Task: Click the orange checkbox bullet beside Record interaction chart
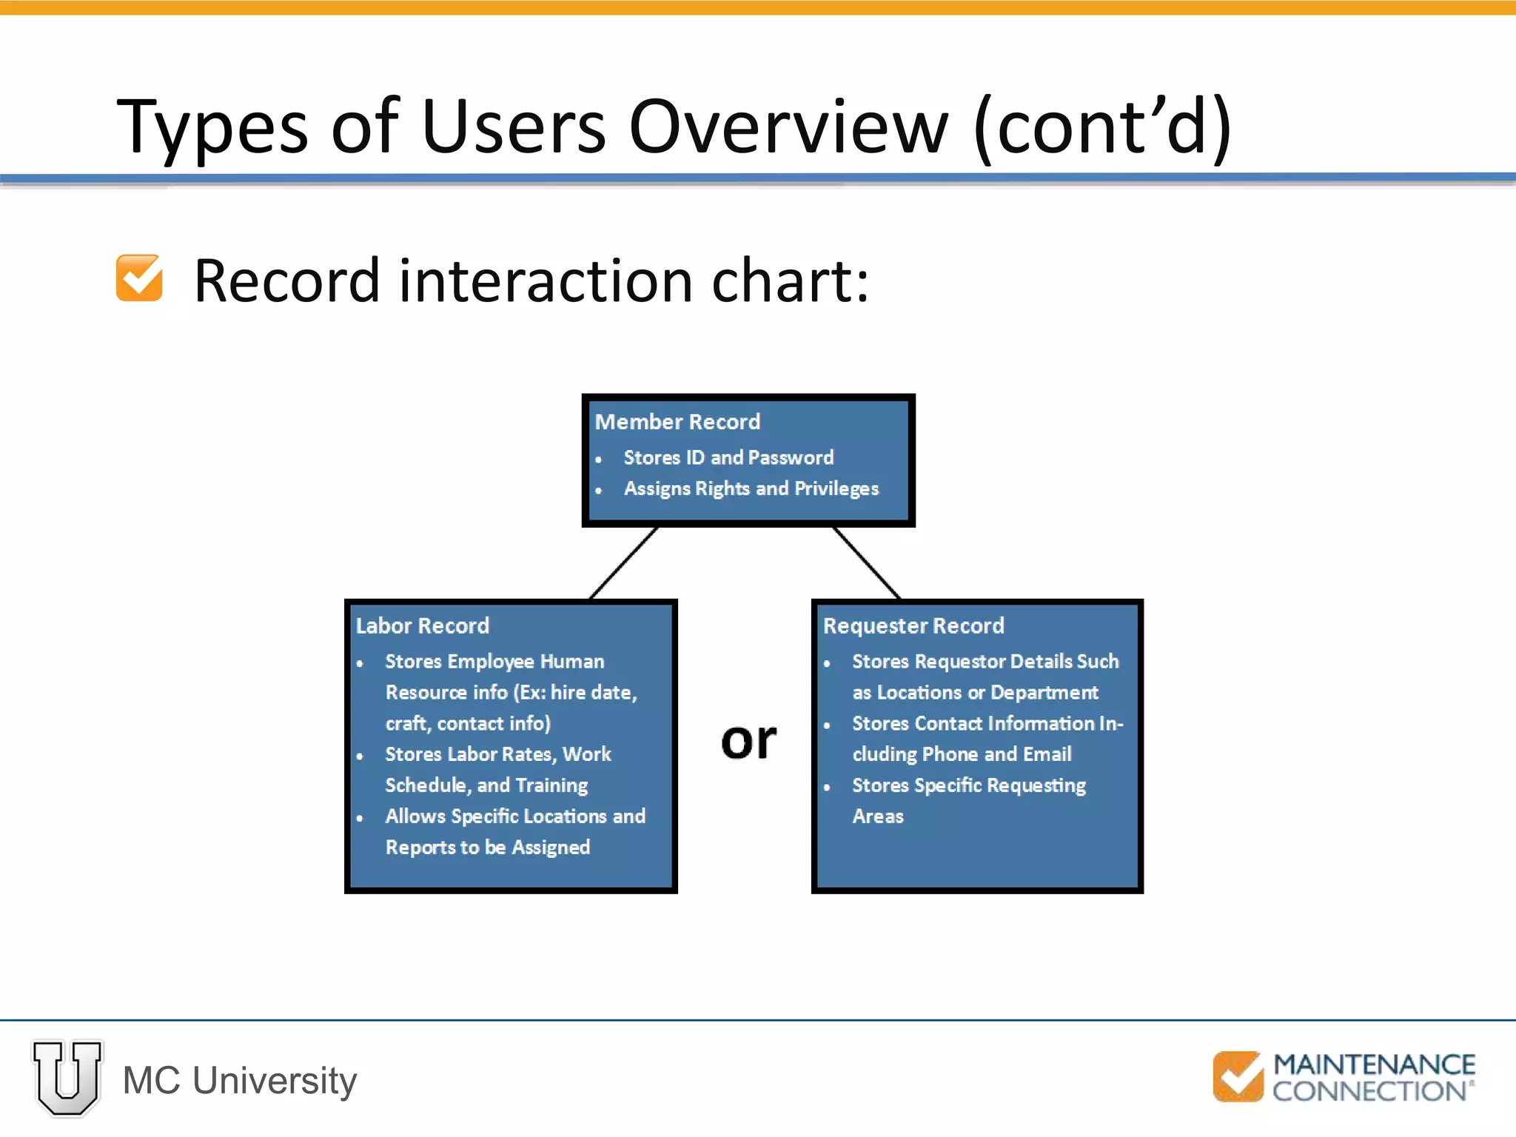(x=139, y=278)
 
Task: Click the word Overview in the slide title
(x=788, y=127)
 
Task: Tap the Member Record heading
(x=677, y=422)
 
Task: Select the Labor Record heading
(x=422, y=625)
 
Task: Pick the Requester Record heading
(x=913, y=625)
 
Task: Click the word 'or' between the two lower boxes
(x=748, y=740)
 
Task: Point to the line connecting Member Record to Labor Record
(x=623, y=563)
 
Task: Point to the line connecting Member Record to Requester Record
(x=867, y=563)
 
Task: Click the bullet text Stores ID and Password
(x=728, y=457)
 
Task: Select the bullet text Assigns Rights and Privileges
(x=751, y=489)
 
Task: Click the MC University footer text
(x=240, y=1081)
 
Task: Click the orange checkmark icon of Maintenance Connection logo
(x=1238, y=1076)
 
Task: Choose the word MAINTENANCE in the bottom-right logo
(x=1374, y=1064)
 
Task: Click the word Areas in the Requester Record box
(x=878, y=816)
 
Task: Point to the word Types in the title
(x=212, y=127)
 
